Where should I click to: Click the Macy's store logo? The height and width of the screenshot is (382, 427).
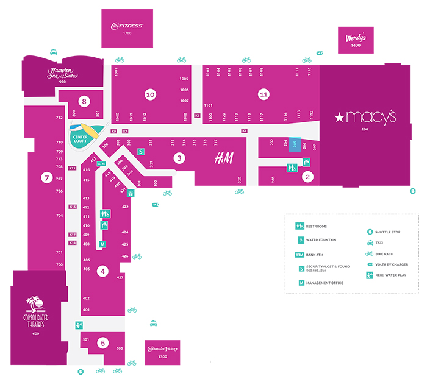pos(365,116)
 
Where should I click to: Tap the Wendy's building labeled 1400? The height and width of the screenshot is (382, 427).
pos(356,40)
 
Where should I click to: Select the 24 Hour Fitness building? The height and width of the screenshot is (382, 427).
pos(127,28)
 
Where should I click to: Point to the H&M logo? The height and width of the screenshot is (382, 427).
pos(223,159)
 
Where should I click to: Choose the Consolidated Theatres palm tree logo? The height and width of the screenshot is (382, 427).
pos(36,304)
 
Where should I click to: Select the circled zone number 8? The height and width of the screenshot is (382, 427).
pos(84,101)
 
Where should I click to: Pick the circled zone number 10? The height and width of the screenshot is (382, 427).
pos(150,94)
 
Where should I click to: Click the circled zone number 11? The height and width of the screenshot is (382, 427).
pos(264,94)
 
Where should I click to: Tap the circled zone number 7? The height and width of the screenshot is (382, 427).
pos(46,179)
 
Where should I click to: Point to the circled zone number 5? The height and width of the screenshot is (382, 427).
pos(102,343)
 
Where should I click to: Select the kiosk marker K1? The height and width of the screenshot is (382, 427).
pos(245,130)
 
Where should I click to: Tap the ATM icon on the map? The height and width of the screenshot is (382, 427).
pos(102,164)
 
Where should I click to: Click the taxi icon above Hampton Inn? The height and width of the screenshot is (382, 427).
pos(54,52)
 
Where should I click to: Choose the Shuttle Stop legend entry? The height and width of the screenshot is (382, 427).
pos(384,232)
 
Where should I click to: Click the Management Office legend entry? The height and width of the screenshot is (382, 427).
pos(320,283)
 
